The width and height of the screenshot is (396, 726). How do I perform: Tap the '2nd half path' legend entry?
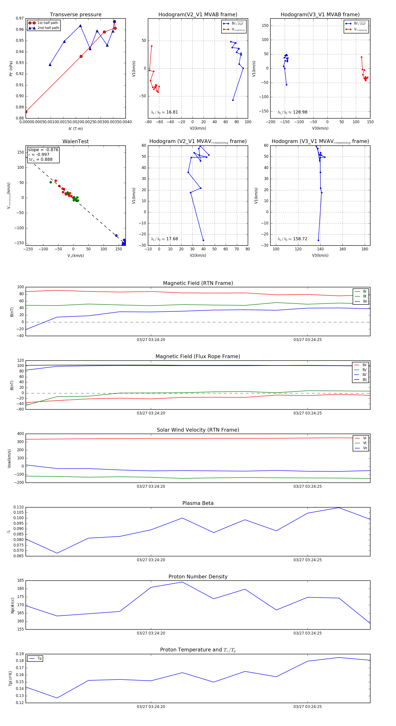(48, 28)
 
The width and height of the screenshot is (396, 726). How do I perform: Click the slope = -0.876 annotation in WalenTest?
(43, 150)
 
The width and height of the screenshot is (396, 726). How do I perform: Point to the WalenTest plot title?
(75, 141)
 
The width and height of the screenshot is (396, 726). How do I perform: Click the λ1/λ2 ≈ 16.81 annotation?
(164, 112)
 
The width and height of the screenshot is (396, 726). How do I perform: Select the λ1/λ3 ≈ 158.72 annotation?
(292, 239)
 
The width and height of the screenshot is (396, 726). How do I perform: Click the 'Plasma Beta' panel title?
(198, 503)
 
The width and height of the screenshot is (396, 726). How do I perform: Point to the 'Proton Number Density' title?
(198, 577)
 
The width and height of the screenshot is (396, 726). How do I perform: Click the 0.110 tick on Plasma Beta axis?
(19, 507)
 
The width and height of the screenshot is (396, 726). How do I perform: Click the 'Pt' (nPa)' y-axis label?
(11, 68)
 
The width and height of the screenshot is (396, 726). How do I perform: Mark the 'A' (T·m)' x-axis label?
(75, 129)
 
